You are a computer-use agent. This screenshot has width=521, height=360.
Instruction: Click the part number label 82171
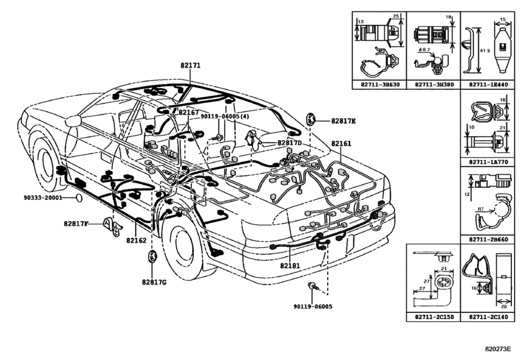pyautogui.click(x=190, y=66)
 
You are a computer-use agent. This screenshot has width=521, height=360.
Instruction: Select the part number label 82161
pyautogui.click(x=341, y=143)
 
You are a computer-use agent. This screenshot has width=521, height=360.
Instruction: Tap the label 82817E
pyautogui.click(x=343, y=121)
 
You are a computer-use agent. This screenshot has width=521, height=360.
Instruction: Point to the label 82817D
pyautogui.click(x=289, y=143)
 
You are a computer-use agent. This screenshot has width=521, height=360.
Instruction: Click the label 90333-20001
pyautogui.click(x=43, y=197)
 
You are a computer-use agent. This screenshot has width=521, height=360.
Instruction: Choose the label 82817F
pyautogui.click(x=76, y=224)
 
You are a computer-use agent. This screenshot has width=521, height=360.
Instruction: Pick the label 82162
pyautogui.click(x=136, y=240)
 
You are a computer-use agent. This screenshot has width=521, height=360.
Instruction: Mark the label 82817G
pyautogui.click(x=154, y=282)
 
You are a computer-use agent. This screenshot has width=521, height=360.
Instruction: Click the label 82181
pyautogui.click(x=290, y=265)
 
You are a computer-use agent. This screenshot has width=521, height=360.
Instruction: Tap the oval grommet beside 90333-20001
pyautogui.click(x=78, y=198)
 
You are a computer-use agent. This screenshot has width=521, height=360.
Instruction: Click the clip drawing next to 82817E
pyautogui.click(x=311, y=119)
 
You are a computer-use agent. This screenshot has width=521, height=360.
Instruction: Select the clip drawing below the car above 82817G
pyautogui.click(x=152, y=257)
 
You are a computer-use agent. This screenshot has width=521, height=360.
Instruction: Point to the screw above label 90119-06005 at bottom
pyautogui.click(x=313, y=286)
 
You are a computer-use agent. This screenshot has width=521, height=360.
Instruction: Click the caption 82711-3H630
pyautogui.click(x=380, y=84)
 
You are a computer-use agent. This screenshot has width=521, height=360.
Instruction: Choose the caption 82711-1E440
pyautogui.click(x=488, y=84)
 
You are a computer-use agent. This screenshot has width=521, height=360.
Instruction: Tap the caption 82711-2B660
pyautogui.click(x=488, y=239)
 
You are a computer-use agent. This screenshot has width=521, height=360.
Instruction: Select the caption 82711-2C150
pyautogui.click(x=434, y=317)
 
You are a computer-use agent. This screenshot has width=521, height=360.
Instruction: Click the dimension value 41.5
pyautogui.click(x=485, y=51)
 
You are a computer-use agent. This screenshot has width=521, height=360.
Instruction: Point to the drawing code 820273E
pyautogui.click(x=498, y=348)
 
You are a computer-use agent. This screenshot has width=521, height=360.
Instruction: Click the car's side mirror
pyautogui.click(x=73, y=121)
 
